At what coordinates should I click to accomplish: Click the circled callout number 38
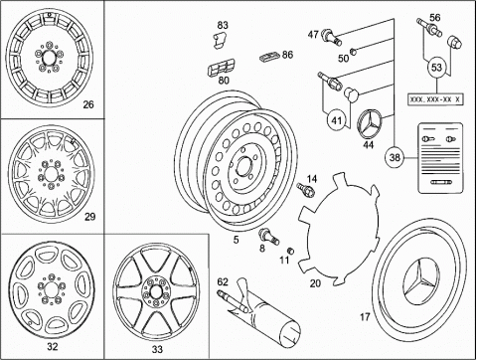click(x=395, y=157)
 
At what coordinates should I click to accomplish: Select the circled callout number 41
click(x=337, y=120)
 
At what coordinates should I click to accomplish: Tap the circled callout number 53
click(x=436, y=68)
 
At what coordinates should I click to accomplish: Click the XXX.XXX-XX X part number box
click(x=435, y=99)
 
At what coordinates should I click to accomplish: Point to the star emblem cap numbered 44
click(x=370, y=125)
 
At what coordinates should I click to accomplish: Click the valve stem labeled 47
click(x=331, y=37)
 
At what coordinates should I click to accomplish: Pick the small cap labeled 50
click(x=354, y=51)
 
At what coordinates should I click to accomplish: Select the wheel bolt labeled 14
click(x=306, y=190)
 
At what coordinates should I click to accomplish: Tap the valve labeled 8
click(x=268, y=236)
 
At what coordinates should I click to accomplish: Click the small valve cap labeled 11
click(x=290, y=251)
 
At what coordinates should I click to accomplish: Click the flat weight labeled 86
click(x=269, y=57)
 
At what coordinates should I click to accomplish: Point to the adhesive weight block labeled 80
click(x=221, y=68)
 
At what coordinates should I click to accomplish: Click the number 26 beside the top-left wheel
click(x=88, y=104)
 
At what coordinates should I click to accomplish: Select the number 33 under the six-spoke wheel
click(x=157, y=349)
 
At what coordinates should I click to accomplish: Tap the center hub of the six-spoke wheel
click(x=155, y=292)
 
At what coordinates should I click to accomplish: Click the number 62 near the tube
click(x=223, y=282)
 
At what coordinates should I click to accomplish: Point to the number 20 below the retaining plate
click(x=315, y=283)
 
